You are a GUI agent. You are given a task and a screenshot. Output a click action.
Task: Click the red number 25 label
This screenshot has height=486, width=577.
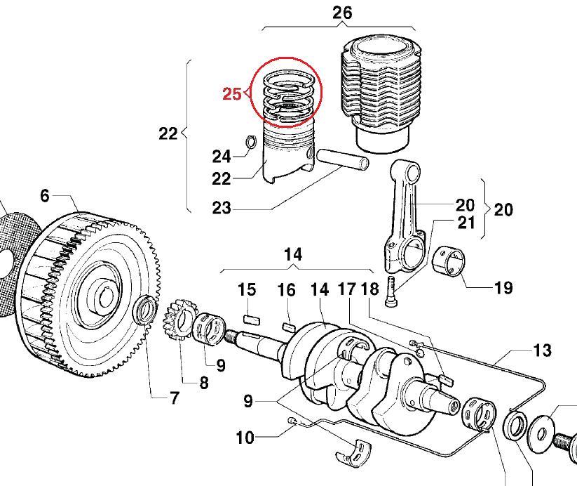[x=231, y=93]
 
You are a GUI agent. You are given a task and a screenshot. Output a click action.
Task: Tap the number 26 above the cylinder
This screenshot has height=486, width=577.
[x=342, y=13]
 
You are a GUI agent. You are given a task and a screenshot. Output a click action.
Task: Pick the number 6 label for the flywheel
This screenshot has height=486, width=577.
[x=45, y=195]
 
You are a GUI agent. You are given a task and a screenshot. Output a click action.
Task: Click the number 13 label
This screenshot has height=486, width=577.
[x=542, y=350]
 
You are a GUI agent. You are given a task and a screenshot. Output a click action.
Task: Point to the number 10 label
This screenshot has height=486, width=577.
[x=245, y=438]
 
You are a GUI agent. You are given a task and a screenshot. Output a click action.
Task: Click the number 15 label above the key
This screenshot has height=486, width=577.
[x=247, y=289]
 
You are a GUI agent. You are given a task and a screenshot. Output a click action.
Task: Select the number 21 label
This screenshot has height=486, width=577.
[x=466, y=223]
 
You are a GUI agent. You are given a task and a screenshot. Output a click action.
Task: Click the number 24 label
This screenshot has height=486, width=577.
[x=222, y=155]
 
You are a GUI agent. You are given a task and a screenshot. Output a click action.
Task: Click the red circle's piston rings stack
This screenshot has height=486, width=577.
[x=287, y=98]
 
